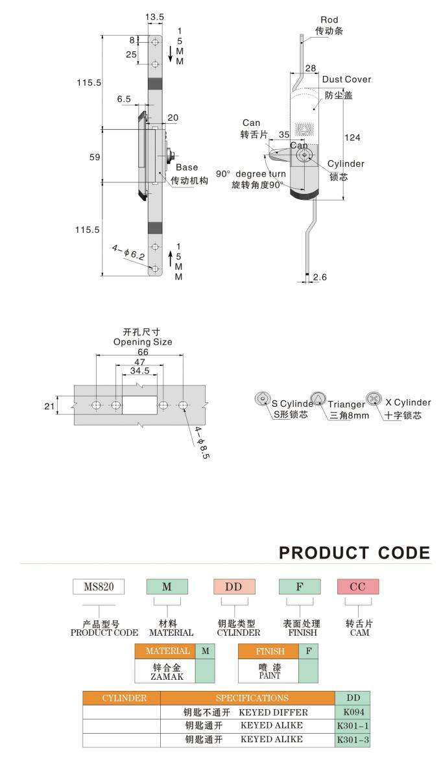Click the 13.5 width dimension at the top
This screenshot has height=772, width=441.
coord(154,17)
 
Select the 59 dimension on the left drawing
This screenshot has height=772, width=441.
coord(95,157)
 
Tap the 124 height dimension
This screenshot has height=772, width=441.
coord(352,138)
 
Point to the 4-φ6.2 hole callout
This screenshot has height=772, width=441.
coord(128,253)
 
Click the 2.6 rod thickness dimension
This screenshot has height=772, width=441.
coord(320,277)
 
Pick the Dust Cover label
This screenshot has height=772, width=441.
coord(346,79)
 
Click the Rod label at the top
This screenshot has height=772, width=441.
coord(329,19)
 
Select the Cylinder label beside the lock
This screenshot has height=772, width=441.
coord(346,164)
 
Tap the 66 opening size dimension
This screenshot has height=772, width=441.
coord(143,352)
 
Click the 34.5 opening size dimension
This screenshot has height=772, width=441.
coord(140,370)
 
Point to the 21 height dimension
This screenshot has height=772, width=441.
coord(49,405)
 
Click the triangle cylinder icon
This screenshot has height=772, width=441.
coord(318,398)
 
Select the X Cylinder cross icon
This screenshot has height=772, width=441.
coord(374,398)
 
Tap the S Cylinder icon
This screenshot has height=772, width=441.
coord(263,399)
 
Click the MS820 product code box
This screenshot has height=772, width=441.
coord(99,586)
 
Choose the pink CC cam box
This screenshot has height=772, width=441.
coord(358,586)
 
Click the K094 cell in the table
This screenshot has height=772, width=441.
coord(352,712)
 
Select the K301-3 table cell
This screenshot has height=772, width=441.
coord(352,740)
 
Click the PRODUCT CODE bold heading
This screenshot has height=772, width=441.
coord(354,553)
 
